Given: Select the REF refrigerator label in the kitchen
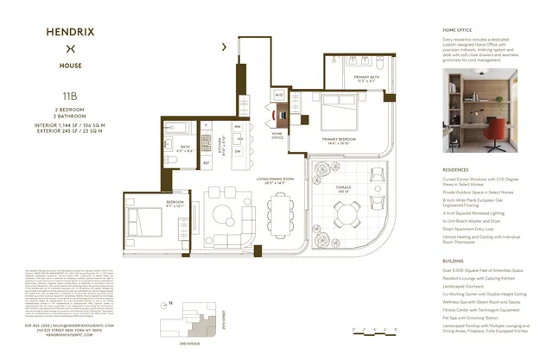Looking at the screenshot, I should click(207, 162).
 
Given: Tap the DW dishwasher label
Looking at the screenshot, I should click(238, 148).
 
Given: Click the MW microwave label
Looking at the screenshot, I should click(238, 126).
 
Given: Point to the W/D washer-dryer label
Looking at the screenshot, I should click(278, 94).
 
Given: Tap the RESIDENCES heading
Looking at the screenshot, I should click(455, 171).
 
